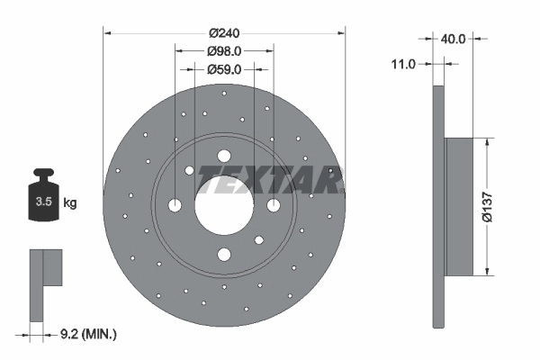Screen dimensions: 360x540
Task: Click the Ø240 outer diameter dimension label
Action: pyautogui.click(x=225, y=33)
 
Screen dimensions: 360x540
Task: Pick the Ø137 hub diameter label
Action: pyautogui.click(x=487, y=206)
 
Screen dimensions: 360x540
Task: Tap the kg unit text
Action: pyautogui.click(x=70, y=203)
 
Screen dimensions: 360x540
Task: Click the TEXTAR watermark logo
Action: pyautogui.click(x=270, y=180)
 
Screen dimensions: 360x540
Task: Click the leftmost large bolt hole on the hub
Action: pyautogui.click(x=175, y=206)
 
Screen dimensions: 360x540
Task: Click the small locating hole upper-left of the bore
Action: pyautogui.click(x=190, y=170)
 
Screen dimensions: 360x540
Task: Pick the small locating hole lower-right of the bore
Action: pyautogui.click(x=258, y=239)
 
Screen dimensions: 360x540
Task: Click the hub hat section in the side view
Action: pyautogui.click(x=459, y=206)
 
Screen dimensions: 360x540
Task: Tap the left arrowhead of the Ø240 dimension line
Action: pyautogui.click(x=107, y=33)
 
